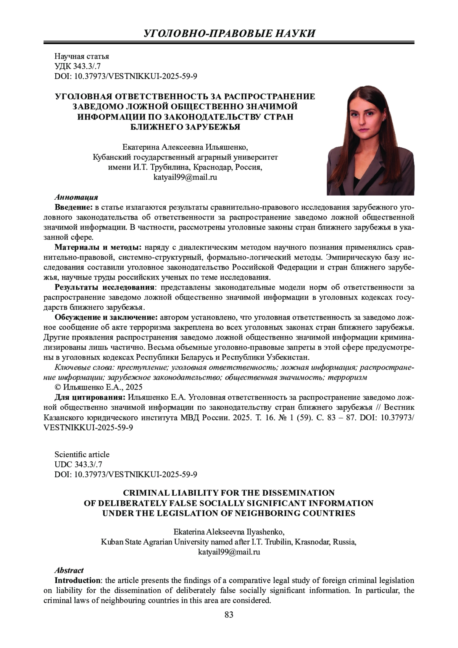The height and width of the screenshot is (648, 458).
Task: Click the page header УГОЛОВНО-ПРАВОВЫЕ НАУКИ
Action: click(x=229, y=33)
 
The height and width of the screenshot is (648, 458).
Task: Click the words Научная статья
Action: click(x=82, y=57)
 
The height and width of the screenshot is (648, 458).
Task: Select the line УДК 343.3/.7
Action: click(x=77, y=66)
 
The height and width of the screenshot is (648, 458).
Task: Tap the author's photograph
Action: click(x=370, y=141)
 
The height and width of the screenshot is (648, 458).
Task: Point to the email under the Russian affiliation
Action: click(x=185, y=177)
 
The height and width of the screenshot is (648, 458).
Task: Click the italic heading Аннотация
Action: click(x=76, y=197)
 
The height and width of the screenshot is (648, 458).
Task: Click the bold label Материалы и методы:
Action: click(x=98, y=247)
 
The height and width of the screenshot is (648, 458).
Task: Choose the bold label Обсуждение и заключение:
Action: click(x=106, y=317)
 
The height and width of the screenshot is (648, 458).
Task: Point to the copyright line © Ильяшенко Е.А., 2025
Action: click(x=98, y=387)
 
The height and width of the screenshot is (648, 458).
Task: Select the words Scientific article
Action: click(x=82, y=454)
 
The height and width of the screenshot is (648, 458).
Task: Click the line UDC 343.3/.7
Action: click(x=78, y=464)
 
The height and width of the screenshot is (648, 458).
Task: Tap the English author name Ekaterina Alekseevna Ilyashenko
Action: click(x=229, y=532)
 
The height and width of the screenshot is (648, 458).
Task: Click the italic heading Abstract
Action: click(x=69, y=570)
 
